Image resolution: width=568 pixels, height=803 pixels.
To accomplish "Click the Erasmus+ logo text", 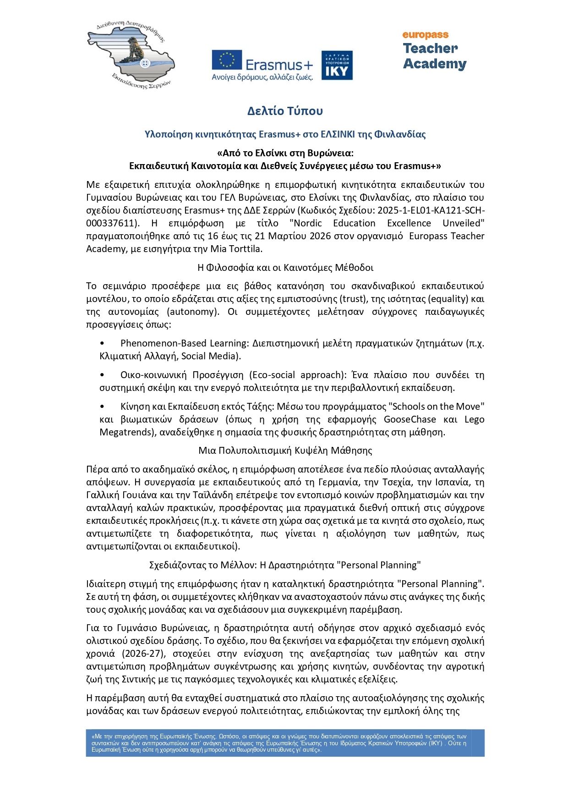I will tap(279, 65).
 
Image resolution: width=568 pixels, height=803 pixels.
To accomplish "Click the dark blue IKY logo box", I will tap(337, 66).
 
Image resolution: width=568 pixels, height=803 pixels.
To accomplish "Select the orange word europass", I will tap(425, 35).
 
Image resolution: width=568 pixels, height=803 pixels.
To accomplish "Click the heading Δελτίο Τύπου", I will tap(285, 111).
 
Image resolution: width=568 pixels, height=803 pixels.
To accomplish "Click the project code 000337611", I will tap(112, 223).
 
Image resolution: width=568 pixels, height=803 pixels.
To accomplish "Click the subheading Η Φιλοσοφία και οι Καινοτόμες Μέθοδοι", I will tap(285, 268).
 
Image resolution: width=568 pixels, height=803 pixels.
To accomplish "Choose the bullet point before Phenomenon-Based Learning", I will tap(102, 343).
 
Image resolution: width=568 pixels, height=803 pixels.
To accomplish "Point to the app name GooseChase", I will tap(410, 419).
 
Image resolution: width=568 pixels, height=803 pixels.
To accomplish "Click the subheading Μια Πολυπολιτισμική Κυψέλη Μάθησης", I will tap(285, 451).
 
